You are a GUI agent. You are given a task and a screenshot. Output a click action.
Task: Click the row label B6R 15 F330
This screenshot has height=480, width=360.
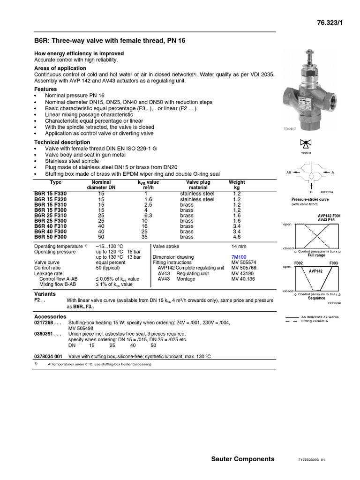[51, 194]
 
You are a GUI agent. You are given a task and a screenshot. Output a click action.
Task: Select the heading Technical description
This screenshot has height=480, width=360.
[62, 142]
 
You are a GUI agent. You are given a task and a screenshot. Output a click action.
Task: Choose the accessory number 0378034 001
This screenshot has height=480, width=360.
[48, 356]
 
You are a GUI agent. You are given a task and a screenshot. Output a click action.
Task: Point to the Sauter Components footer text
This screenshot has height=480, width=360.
[243, 459]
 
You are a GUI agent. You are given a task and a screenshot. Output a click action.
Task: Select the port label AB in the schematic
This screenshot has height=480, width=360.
[289, 172]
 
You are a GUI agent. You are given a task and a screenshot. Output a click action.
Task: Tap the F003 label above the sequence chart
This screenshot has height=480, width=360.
[333, 263]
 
